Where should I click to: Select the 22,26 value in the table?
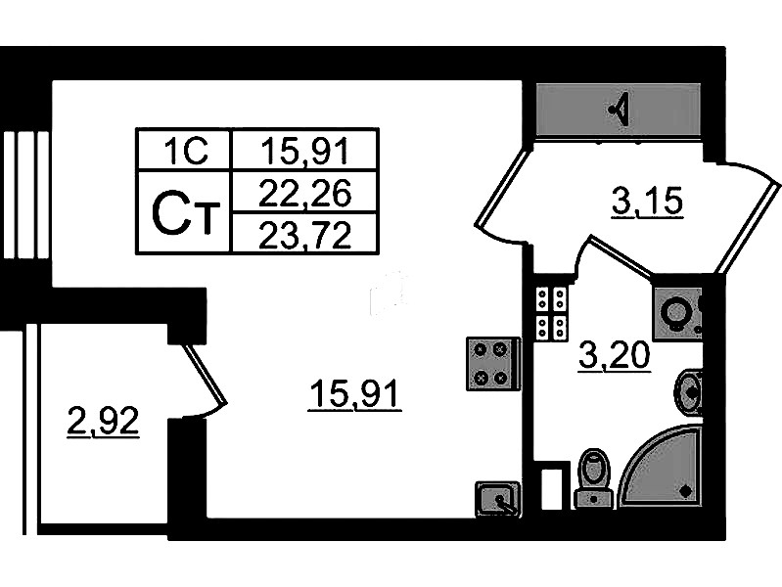click(x=305, y=193)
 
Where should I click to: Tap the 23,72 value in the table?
click(x=305, y=235)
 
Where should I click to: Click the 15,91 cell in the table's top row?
click(x=305, y=151)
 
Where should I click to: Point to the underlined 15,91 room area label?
click(x=354, y=394)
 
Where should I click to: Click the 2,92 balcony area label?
click(x=103, y=423)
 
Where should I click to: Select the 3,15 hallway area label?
click(x=647, y=202)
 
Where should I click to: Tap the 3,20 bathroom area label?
click(x=615, y=356)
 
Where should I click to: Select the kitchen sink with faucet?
click(x=498, y=499)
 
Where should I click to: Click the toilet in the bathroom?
click(x=594, y=477)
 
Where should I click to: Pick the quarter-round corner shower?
click(x=661, y=467)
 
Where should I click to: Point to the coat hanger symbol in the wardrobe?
click(x=620, y=110)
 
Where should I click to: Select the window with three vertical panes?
click(x=24, y=195)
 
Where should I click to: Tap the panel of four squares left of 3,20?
click(x=551, y=313)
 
